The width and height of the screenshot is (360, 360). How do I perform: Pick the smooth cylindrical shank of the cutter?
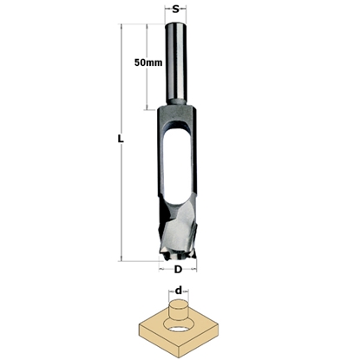coord(178,65)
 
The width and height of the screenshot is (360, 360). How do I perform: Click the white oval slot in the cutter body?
coord(176,160)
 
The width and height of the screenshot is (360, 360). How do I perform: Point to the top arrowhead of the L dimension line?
coord(123,27)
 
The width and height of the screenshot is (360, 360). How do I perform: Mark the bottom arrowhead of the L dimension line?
coord(123,258)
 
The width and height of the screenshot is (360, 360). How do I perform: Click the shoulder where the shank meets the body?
coord(178,108)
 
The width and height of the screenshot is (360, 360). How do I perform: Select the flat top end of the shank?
coord(178,25)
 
